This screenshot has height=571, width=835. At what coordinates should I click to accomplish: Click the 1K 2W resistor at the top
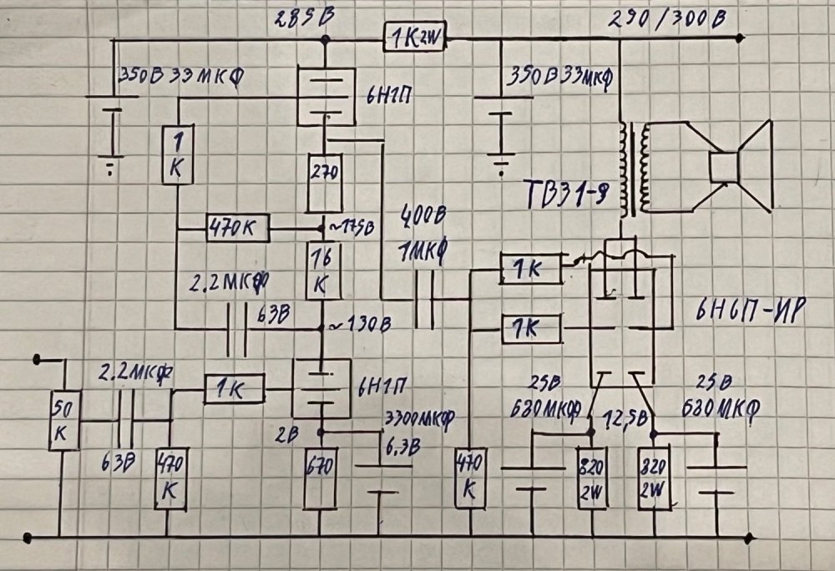(414, 38)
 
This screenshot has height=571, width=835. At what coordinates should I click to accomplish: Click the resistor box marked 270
(321, 182)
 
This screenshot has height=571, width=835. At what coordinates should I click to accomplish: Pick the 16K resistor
(322, 270)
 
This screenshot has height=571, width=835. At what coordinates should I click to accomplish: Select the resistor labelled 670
(321, 479)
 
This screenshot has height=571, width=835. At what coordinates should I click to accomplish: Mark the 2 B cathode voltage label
(293, 433)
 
